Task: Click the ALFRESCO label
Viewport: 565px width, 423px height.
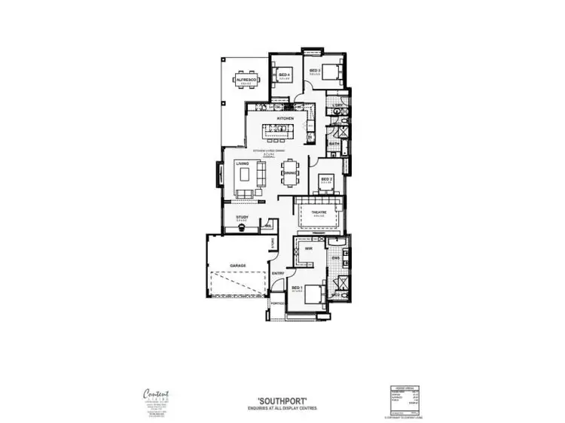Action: (x=246, y=78)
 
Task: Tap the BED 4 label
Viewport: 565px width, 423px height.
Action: (x=284, y=75)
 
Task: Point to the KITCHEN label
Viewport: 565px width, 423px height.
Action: (x=284, y=119)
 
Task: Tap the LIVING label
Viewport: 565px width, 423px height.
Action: (x=242, y=163)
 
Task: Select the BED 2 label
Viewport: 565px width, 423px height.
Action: (x=325, y=178)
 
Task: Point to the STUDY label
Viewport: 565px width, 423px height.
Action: (x=242, y=217)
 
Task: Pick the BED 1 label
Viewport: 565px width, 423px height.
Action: (x=297, y=288)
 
